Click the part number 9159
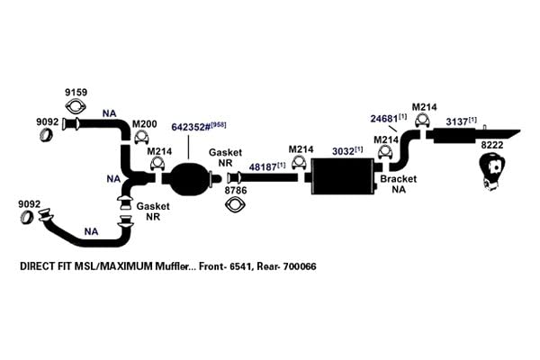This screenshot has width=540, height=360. (76, 93)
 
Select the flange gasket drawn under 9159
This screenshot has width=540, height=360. (76, 106)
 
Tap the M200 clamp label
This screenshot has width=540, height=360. (145, 123)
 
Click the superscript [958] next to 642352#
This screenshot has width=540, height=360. (219, 125)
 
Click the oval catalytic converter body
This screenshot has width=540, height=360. (189, 178)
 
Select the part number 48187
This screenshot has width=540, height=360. (263, 167)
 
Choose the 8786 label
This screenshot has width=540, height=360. (236, 190)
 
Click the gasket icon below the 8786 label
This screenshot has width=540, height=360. (235, 204)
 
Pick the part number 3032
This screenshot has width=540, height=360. (343, 151)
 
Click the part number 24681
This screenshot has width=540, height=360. (384, 119)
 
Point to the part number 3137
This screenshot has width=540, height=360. (457, 121)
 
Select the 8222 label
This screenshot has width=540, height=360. (492, 145)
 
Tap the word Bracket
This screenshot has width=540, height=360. (398, 179)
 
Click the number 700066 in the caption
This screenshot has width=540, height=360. (300, 266)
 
